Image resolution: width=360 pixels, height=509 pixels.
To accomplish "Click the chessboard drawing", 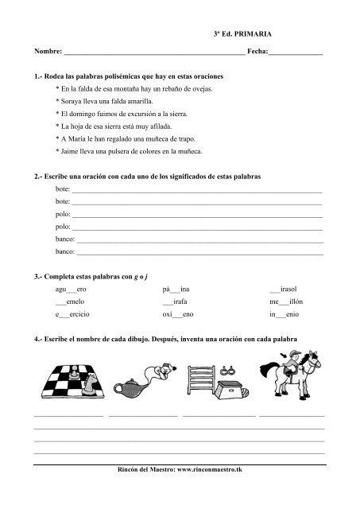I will click(70, 378).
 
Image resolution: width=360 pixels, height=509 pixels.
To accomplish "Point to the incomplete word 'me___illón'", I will click(285, 301).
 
